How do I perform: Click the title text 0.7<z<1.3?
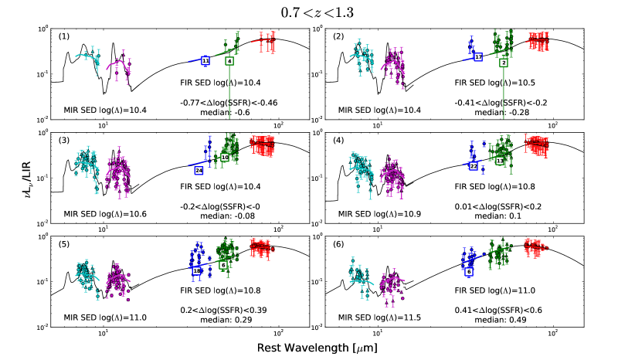(x=317, y=12)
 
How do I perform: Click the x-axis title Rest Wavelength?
(x=317, y=347)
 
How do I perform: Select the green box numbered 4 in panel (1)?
(x=229, y=60)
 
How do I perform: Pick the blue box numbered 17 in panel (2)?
(x=478, y=57)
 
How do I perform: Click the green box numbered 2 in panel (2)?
(x=503, y=62)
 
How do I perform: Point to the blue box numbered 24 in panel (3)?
(x=199, y=169)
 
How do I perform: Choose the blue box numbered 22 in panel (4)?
(x=474, y=165)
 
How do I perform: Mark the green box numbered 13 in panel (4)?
(x=499, y=161)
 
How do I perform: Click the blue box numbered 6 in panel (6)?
(x=468, y=272)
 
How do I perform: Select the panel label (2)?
(x=338, y=36)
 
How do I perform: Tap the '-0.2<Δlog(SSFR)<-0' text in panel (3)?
(x=219, y=205)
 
